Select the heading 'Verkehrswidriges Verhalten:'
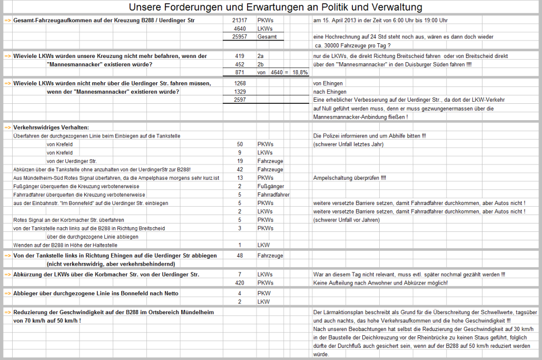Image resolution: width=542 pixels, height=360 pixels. point(51,128)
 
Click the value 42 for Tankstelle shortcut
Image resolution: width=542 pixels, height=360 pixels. point(240,170)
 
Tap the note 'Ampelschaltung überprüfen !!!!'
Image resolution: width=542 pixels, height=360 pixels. point(349,178)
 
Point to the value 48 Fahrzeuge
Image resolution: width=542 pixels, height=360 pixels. point(240,255)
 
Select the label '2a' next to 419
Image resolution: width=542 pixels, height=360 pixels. point(261,55)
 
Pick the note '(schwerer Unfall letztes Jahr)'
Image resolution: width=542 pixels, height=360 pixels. point(348,144)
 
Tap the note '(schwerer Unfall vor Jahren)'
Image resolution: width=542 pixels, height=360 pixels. point(346,220)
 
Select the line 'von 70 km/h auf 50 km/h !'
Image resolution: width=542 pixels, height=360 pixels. point(47,320)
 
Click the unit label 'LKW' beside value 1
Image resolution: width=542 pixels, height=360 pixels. point(263,245)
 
